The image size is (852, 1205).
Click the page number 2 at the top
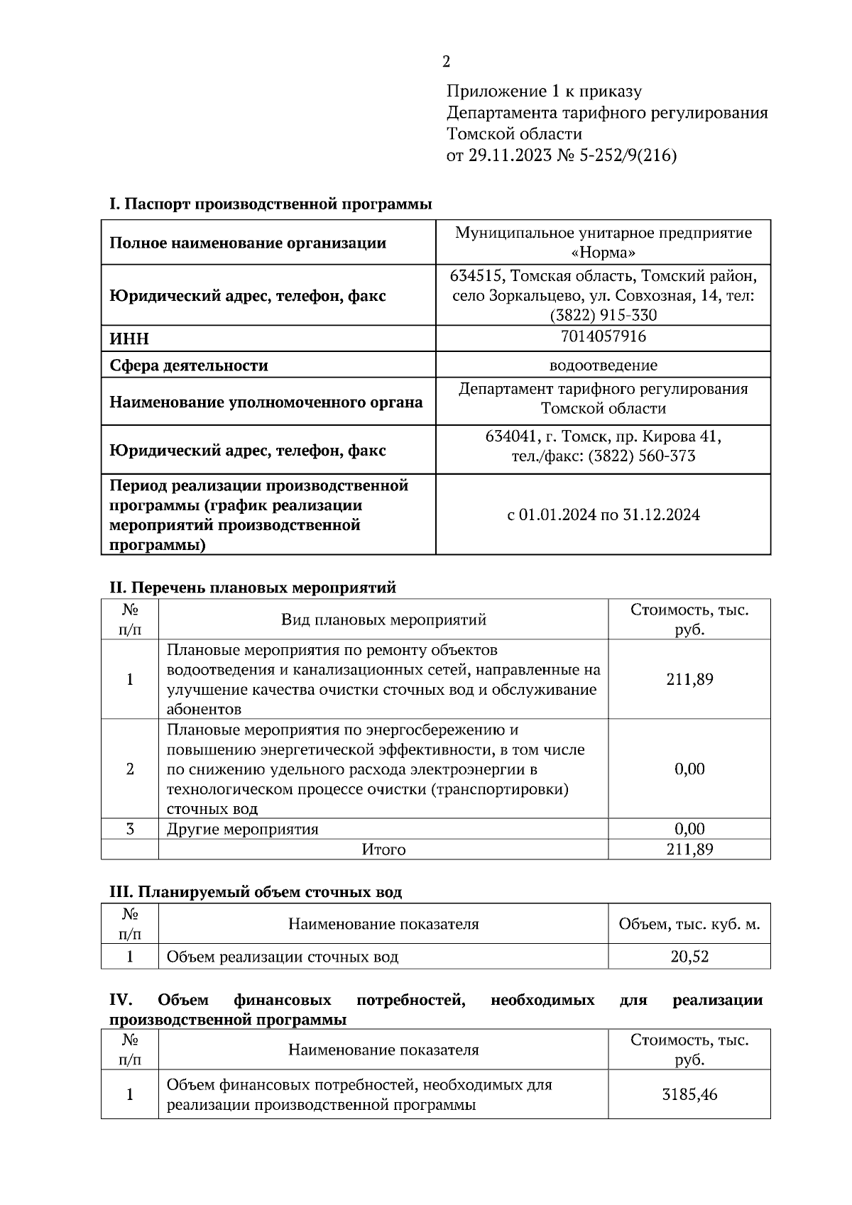click(446, 62)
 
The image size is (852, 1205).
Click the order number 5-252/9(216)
click(629, 155)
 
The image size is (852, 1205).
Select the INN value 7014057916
click(603, 336)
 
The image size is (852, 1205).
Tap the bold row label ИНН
click(129, 339)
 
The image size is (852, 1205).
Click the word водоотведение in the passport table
click(603, 365)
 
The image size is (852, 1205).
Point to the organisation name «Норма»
click(603, 253)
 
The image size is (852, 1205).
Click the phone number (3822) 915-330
click(603, 315)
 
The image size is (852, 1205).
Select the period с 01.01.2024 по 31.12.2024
click(603, 515)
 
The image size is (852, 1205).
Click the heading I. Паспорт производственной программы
click(270, 204)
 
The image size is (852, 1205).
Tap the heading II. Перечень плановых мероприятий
click(252, 588)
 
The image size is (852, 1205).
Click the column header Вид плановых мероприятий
click(383, 620)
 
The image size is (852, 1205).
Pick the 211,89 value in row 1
click(689, 680)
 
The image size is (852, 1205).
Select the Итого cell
click(383, 849)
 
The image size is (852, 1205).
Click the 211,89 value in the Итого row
click(689, 849)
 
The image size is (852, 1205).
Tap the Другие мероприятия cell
click(242, 829)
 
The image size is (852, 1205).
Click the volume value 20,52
click(689, 957)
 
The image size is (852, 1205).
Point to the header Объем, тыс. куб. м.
click(689, 925)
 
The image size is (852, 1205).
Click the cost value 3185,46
click(689, 1095)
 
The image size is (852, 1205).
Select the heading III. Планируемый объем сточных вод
click(255, 892)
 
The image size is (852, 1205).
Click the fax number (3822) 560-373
click(641, 456)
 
